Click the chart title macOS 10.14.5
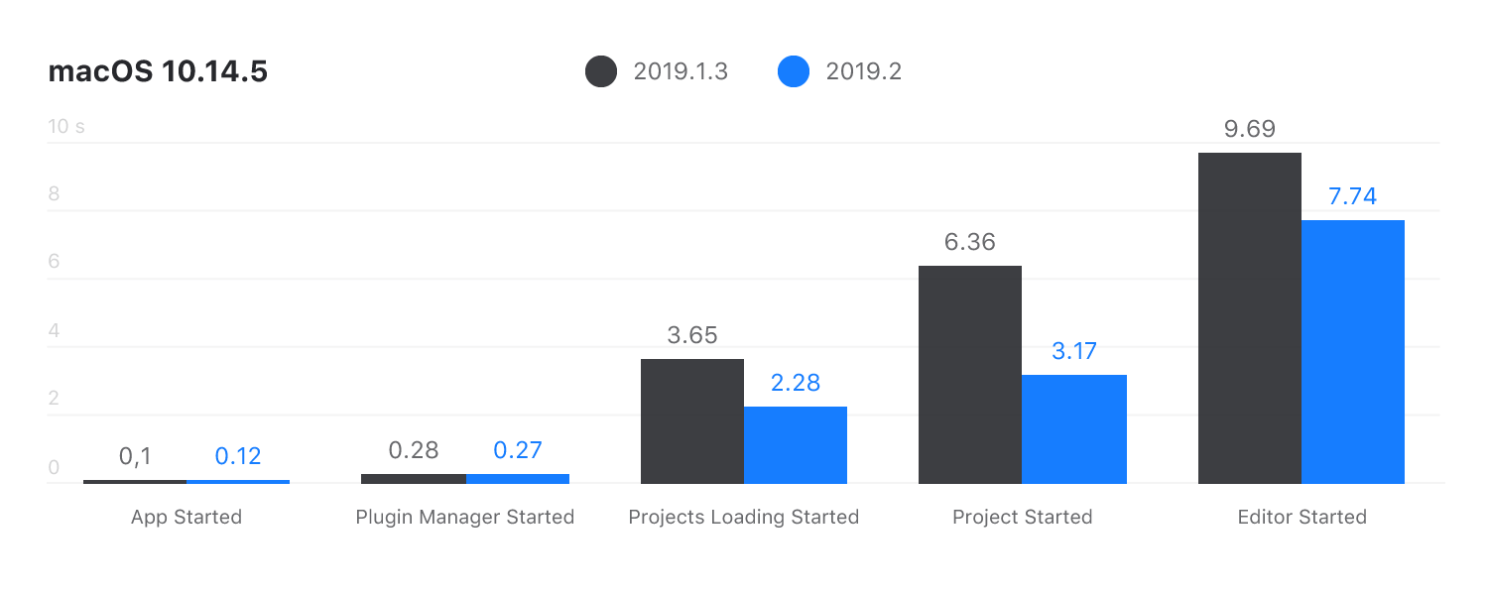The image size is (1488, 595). click(x=158, y=72)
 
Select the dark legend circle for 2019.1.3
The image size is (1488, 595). click(x=601, y=72)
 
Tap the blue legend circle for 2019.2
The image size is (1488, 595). click(x=794, y=72)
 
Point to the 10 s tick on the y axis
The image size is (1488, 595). click(x=66, y=126)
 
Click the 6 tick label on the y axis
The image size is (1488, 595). click(x=55, y=262)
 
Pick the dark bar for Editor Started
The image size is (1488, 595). click(x=1249, y=317)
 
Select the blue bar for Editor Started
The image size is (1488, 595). click(x=1353, y=351)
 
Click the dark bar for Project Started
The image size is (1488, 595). click(x=969, y=374)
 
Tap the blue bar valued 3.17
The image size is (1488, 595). click(x=1074, y=428)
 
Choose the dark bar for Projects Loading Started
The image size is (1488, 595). click(x=691, y=420)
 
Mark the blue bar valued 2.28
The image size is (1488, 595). click(x=796, y=444)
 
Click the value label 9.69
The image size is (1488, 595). click(x=1249, y=129)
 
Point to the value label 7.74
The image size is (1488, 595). click(x=1353, y=196)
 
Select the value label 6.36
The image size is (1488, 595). click(x=969, y=242)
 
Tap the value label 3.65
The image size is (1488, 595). click(x=691, y=335)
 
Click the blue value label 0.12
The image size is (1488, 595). click(x=238, y=455)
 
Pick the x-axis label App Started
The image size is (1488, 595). click(x=186, y=517)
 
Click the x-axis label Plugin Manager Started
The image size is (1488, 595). click(x=465, y=517)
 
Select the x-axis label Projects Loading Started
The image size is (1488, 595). click(x=744, y=517)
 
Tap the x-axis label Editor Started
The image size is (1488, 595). click(x=1302, y=517)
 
